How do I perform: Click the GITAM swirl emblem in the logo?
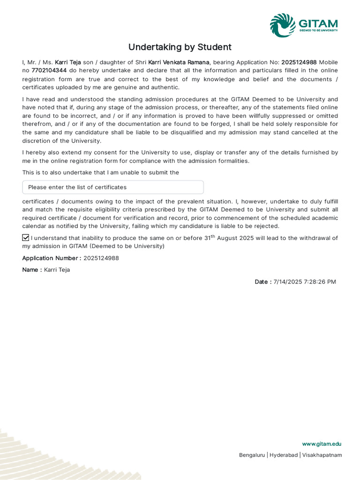click(283, 25)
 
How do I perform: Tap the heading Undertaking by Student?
click(180, 47)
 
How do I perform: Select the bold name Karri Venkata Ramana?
click(179, 62)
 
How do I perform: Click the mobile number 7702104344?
click(49, 71)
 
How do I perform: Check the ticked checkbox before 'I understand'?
click(26, 238)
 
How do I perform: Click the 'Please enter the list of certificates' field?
click(113, 187)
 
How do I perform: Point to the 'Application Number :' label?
click(52, 258)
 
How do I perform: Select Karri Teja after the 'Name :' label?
click(57, 270)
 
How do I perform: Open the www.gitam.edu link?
click(322, 444)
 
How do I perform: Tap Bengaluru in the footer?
click(252, 455)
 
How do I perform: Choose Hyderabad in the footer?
click(283, 455)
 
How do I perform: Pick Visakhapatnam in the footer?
click(322, 455)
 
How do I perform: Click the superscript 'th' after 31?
click(212, 236)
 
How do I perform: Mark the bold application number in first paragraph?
click(299, 62)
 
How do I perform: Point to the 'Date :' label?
click(263, 282)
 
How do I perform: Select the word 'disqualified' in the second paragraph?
click(186, 133)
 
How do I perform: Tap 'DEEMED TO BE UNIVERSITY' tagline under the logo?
click(318, 30)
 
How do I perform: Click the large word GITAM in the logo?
click(318, 23)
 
